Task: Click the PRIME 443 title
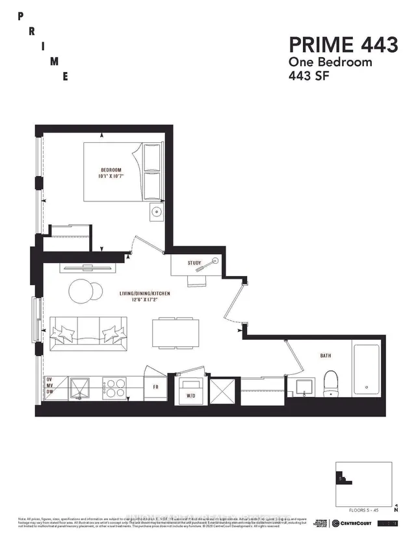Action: pos(343,45)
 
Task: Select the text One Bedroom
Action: pos(331,62)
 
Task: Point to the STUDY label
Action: pos(195,263)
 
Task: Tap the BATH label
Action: pos(326,356)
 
